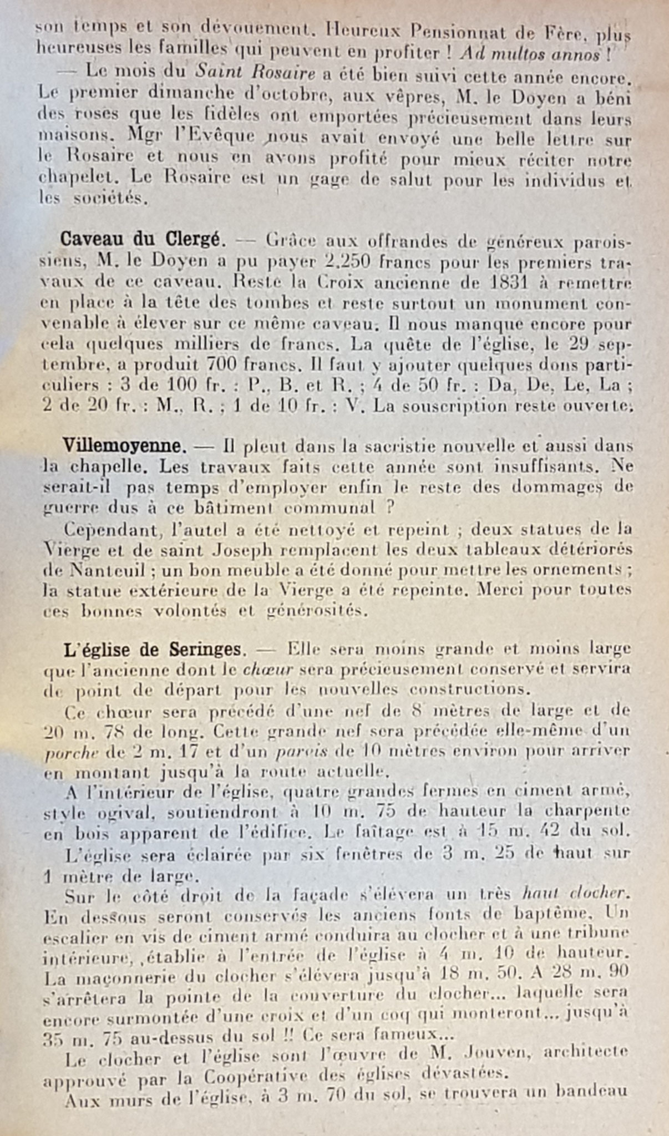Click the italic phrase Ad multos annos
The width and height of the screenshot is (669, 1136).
point(531,55)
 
